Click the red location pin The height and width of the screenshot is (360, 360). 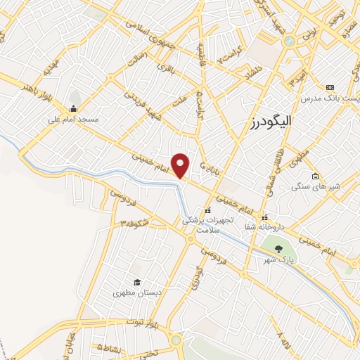click(x=181, y=165)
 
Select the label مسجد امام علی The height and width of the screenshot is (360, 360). click(x=73, y=120)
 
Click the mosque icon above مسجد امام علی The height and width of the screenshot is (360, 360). click(x=73, y=108)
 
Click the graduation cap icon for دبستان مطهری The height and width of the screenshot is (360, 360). click(x=137, y=282)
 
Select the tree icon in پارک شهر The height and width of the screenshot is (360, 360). click(x=278, y=248)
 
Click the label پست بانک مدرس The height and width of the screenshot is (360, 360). click(x=329, y=98)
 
